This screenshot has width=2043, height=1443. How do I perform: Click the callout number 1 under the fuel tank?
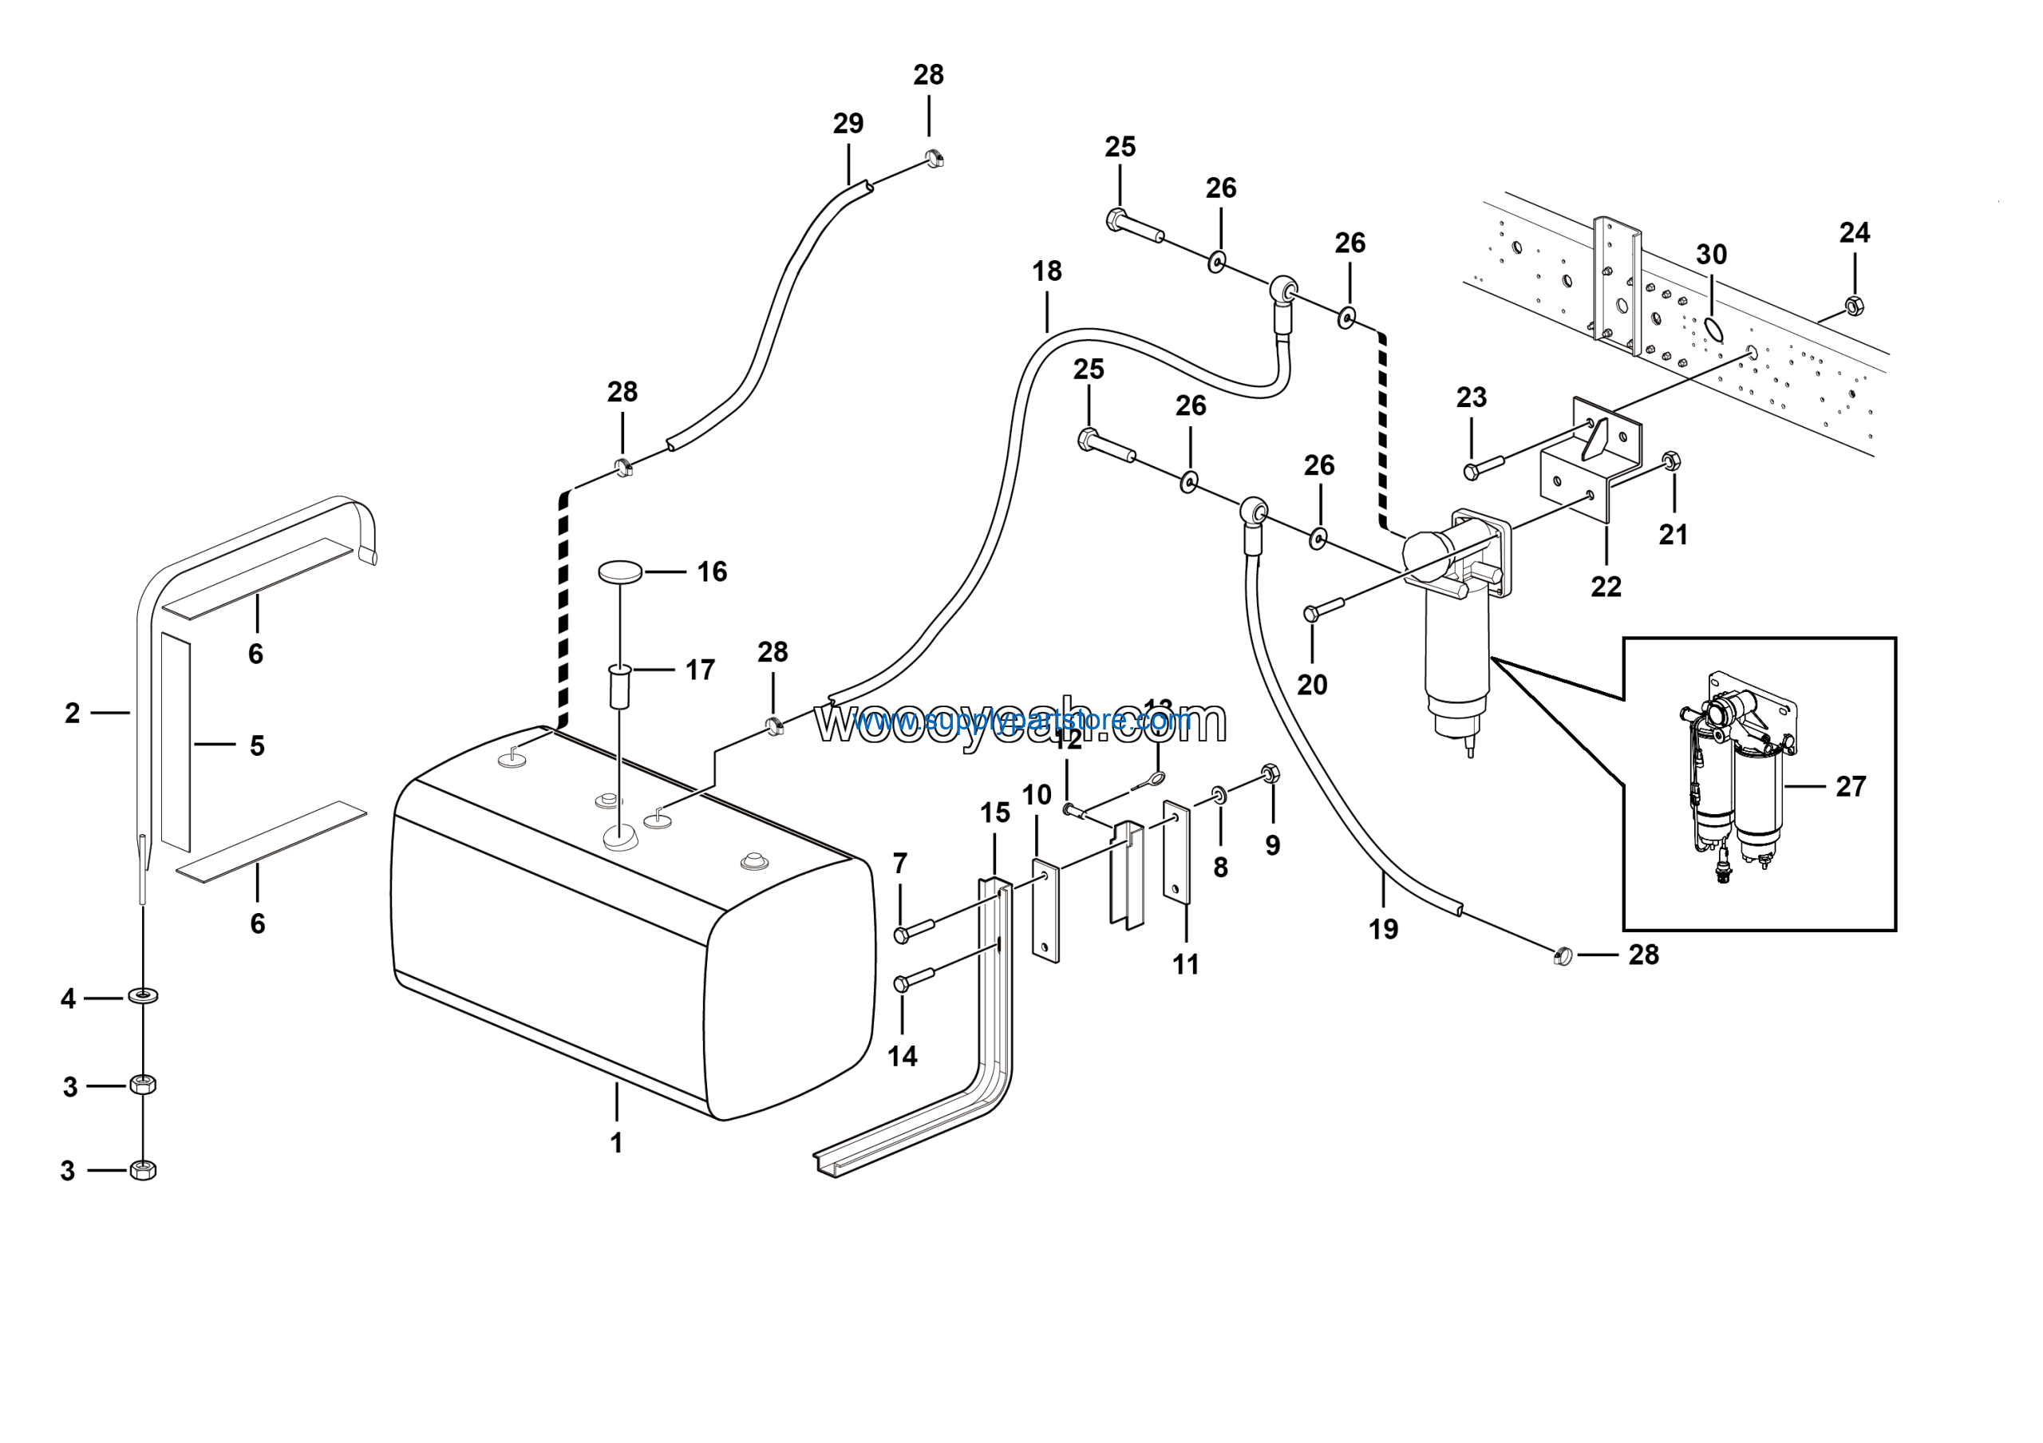pos(616,1142)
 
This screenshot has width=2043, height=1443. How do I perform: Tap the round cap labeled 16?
pos(620,572)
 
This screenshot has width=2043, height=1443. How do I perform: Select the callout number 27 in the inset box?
pos(1851,786)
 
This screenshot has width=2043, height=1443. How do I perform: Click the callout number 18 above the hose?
pos(1047,271)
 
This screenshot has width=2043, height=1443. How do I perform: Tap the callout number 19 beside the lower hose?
pos(1383,929)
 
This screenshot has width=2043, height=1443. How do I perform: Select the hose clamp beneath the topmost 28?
pos(933,158)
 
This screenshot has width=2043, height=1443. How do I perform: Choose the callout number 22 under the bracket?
pos(1606,587)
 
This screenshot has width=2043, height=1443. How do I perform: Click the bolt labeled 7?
pos(913,931)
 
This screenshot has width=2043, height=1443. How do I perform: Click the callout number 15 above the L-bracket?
pos(995,812)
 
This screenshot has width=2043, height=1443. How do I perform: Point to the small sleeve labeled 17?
pos(619,686)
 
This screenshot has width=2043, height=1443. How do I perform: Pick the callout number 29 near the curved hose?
pos(848,123)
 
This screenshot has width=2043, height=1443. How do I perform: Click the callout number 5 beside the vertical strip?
pos(257,745)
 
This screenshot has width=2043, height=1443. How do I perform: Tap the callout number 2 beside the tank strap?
pos(72,713)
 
